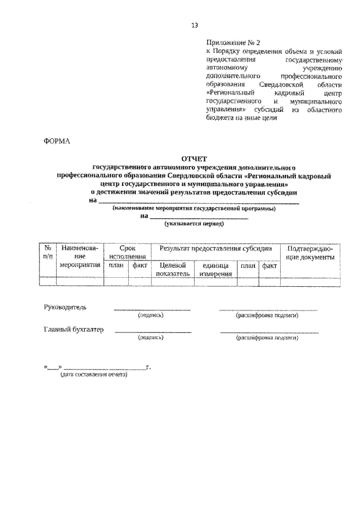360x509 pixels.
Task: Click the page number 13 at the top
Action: [x=195, y=25]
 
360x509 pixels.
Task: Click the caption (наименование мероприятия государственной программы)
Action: [x=193, y=208]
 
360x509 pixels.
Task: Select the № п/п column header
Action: [x=48, y=252]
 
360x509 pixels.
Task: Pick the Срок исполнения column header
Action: [x=128, y=252]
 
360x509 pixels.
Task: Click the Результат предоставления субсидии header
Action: [x=215, y=248]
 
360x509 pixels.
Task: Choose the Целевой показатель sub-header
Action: [x=173, y=269]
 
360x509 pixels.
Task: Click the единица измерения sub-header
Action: [x=215, y=269]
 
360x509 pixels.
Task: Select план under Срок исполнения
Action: [x=116, y=265]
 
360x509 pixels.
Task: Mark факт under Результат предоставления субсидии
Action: [x=269, y=265]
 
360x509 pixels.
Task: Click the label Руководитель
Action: [x=65, y=307]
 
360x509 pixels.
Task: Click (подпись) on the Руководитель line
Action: [x=151, y=316]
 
